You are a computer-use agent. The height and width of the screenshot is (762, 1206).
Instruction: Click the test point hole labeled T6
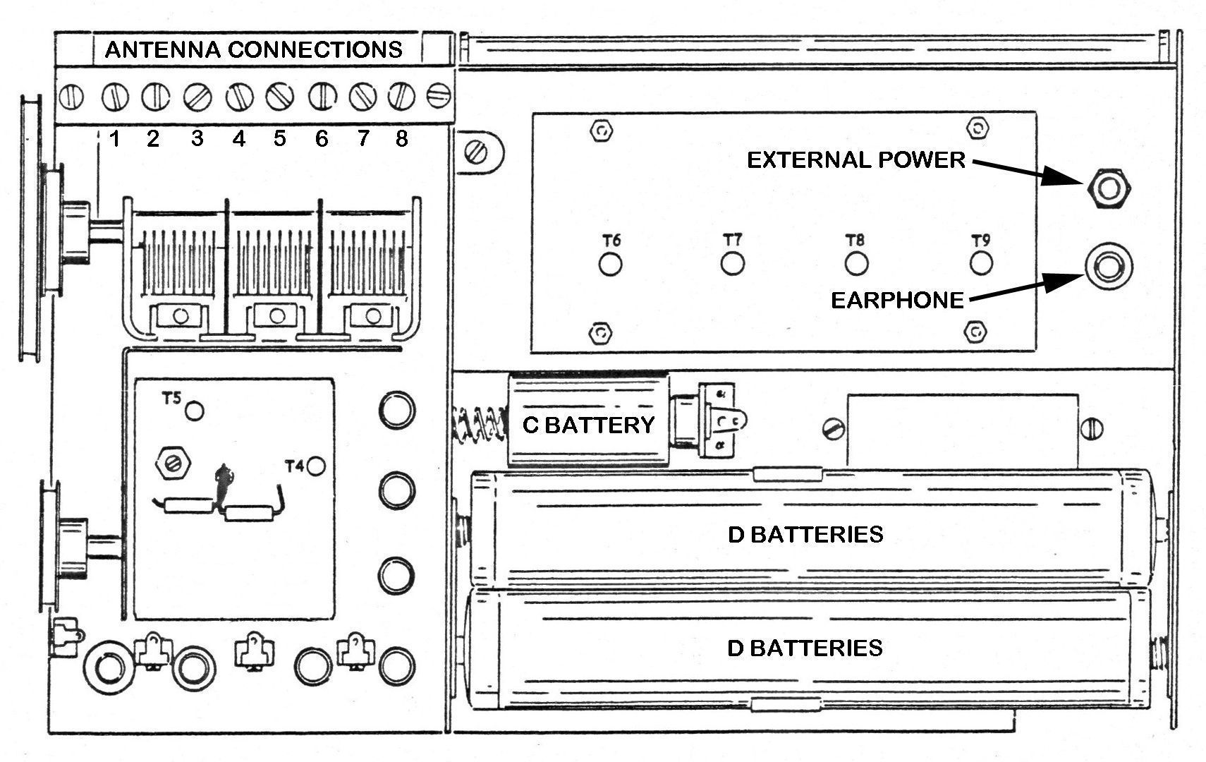tap(611, 265)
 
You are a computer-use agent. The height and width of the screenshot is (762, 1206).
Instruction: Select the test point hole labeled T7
tap(733, 264)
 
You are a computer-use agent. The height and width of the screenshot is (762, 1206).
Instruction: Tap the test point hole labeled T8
tap(856, 264)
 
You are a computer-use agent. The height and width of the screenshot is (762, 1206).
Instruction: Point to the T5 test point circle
tap(194, 411)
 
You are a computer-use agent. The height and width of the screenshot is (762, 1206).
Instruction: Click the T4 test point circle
tap(316, 466)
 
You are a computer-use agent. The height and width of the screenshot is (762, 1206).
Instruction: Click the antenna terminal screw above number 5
tap(279, 97)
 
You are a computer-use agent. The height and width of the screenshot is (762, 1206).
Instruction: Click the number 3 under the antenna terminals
tap(197, 138)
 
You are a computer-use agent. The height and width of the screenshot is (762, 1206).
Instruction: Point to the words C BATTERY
tap(588, 425)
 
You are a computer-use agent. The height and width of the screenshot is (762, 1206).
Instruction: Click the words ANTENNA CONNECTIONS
tap(254, 49)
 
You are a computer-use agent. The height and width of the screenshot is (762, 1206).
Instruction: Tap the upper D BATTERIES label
tap(805, 534)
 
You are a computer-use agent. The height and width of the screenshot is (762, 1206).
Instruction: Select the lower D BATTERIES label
tap(805, 647)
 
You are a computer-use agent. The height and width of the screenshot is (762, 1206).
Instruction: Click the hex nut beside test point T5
tap(173, 463)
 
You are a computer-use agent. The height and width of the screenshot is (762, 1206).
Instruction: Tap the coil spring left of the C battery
tap(478, 425)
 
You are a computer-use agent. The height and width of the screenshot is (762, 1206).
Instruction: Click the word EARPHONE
tap(897, 301)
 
